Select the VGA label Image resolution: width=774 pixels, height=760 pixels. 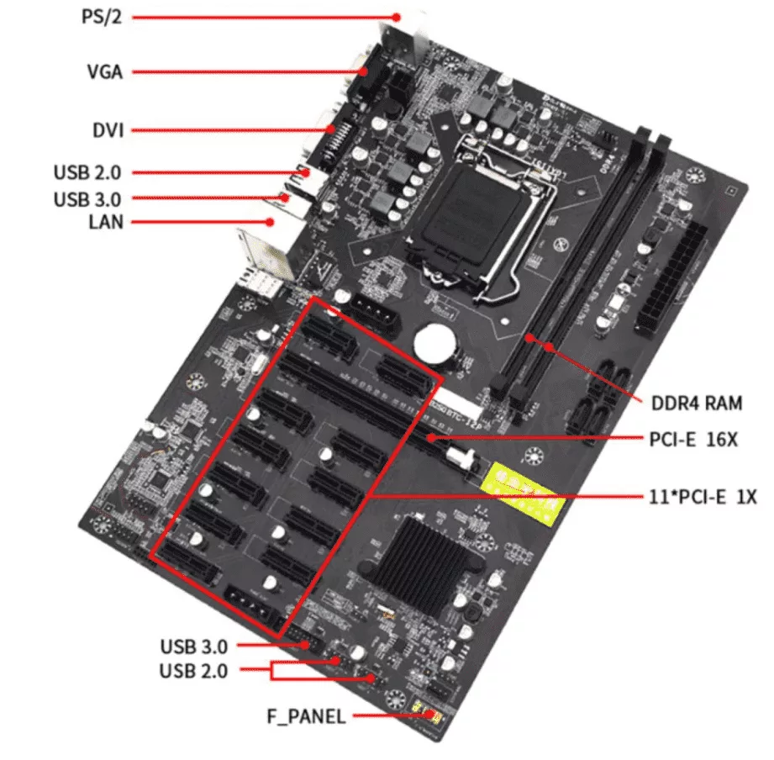[x=104, y=72]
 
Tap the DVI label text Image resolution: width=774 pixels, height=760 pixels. [x=108, y=130]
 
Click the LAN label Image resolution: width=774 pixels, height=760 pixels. [x=105, y=222]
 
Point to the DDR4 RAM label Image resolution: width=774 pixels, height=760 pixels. [x=697, y=403]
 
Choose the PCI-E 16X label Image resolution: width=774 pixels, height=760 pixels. [x=694, y=439]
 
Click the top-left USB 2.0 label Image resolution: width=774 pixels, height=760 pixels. [x=87, y=173]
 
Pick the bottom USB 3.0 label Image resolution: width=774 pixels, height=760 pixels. [x=194, y=647]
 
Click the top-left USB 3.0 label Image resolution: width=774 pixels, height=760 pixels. [x=87, y=199]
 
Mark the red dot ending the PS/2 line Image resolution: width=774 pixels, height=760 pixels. [x=398, y=17]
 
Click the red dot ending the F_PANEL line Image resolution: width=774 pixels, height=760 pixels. [x=431, y=715]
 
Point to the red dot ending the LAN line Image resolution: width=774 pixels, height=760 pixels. [x=271, y=222]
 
